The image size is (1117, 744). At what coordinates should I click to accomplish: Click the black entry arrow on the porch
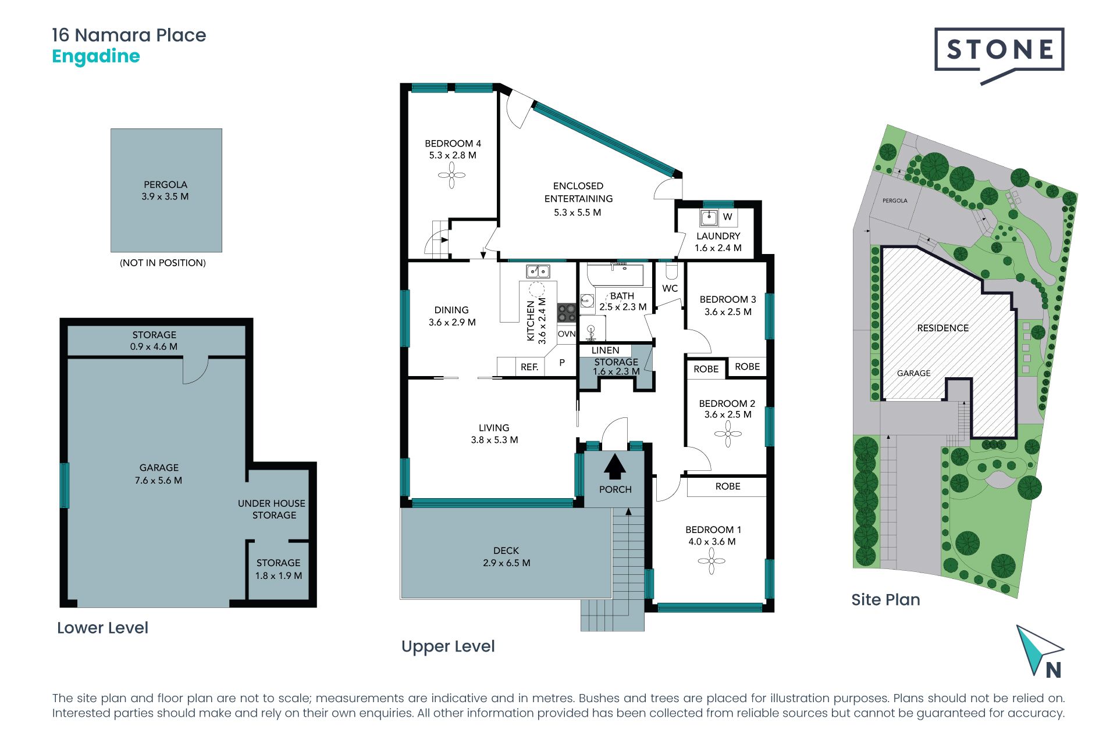click(615, 466)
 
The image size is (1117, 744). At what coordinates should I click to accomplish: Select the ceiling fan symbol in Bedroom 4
click(451, 175)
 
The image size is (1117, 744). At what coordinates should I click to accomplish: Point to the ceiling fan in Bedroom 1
click(711, 561)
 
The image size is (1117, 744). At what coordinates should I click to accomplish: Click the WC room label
click(670, 288)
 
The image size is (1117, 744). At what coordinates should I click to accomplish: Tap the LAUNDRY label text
click(718, 236)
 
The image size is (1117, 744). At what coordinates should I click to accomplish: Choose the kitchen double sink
click(538, 271)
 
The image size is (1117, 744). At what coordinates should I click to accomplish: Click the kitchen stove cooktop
click(567, 313)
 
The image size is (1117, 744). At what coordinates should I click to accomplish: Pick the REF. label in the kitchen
click(529, 367)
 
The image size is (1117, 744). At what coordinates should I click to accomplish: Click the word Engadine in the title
click(96, 57)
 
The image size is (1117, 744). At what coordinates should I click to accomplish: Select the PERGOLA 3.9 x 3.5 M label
click(165, 191)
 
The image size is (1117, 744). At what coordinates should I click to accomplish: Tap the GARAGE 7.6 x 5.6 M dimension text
click(158, 474)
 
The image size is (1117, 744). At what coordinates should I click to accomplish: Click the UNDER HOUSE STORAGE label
click(272, 509)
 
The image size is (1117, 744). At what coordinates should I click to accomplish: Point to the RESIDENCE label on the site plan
click(943, 328)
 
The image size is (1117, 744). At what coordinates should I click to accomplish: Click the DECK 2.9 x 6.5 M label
click(506, 556)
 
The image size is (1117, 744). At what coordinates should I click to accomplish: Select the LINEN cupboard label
click(605, 350)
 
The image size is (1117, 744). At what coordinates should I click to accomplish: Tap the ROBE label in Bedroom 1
click(728, 487)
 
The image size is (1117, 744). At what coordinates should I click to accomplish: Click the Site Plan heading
click(885, 600)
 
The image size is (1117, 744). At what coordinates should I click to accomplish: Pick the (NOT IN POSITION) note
click(163, 263)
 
